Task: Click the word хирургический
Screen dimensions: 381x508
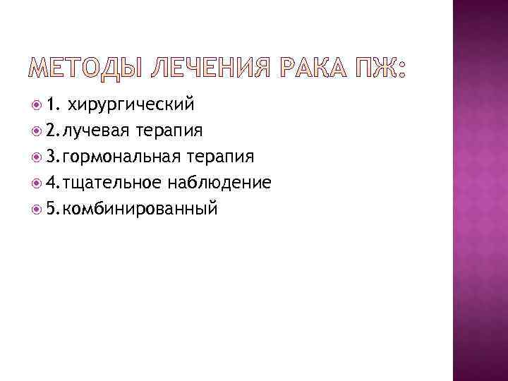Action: (x=130, y=105)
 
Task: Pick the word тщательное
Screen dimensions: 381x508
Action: (x=113, y=183)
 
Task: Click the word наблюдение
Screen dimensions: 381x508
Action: (x=219, y=183)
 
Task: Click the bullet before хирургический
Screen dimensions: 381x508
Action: (x=37, y=106)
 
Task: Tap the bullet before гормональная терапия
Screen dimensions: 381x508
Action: (x=37, y=157)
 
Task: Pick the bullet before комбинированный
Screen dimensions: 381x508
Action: (x=37, y=209)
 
